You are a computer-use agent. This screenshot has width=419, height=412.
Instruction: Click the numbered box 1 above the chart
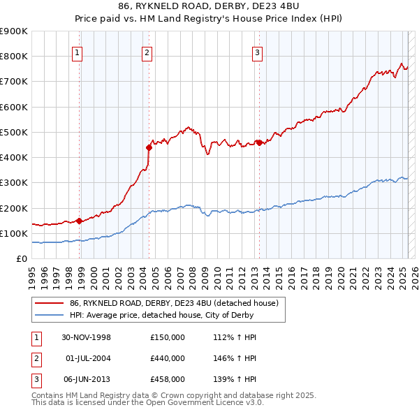pyautogui.click(x=77, y=52)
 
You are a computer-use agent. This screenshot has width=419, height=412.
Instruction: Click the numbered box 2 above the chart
pyautogui.click(x=147, y=52)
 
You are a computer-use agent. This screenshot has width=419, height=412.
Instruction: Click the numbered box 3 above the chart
pyautogui.click(x=257, y=52)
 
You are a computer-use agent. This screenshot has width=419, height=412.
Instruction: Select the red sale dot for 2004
pyautogui.click(x=149, y=147)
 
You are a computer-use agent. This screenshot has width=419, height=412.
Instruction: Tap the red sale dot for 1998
pyautogui.click(x=80, y=221)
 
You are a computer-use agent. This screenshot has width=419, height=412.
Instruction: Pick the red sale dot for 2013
pyautogui.click(x=259, y=142)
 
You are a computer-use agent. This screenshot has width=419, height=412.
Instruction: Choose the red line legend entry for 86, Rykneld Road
pyautogui.click(x=174, y=303)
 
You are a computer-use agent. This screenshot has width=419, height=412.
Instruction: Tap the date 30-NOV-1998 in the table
pyautogui.click(x=87, y=337)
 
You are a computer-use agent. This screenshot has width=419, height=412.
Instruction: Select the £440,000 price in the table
pyautogui.click(x=168, y=358)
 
